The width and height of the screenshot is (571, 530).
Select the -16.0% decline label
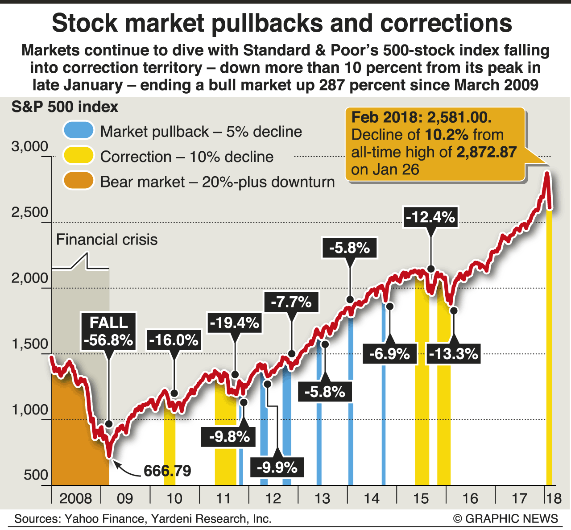(174, 340)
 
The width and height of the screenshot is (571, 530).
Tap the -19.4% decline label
(235, 322)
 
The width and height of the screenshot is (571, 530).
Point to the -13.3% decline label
(453, 354)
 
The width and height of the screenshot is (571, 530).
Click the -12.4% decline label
(430, 217)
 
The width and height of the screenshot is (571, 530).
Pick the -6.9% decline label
(389, 354)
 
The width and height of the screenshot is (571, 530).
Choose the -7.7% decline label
(291, 302)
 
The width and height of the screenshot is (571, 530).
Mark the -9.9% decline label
(277, 468)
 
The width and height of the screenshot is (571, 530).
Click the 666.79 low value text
(167, 471)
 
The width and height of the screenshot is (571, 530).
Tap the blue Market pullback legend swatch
(79, 131)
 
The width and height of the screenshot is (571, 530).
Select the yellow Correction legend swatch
(79, 156)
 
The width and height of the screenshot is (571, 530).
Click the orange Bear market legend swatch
(79, 181)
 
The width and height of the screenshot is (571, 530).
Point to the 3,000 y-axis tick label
(29, 147)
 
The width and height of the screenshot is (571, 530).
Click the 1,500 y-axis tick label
(29, 344)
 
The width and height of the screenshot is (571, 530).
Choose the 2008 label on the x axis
(75, 498)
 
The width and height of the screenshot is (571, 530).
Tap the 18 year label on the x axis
(554, 498)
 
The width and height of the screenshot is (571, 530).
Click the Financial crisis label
(107, 240)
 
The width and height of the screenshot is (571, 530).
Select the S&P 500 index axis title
(65, 107)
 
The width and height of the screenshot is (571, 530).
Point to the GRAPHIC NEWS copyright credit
(505, 518)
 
